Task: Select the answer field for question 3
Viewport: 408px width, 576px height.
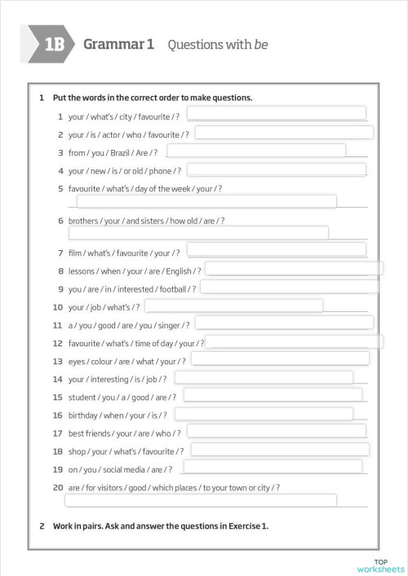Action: pos(256,151)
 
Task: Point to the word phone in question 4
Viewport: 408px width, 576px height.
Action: pos(161,171)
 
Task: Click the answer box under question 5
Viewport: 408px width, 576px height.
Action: pos(206,202)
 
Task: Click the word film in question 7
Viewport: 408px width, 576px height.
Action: pos(77,253)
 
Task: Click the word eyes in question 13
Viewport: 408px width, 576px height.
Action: pos(78,361)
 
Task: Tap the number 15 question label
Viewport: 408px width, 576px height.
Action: pos(57,397)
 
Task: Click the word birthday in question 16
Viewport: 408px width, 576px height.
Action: pos(84,415)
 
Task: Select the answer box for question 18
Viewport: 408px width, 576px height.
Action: pos(280,450)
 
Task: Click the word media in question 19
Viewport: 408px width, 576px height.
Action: pos(135,469)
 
